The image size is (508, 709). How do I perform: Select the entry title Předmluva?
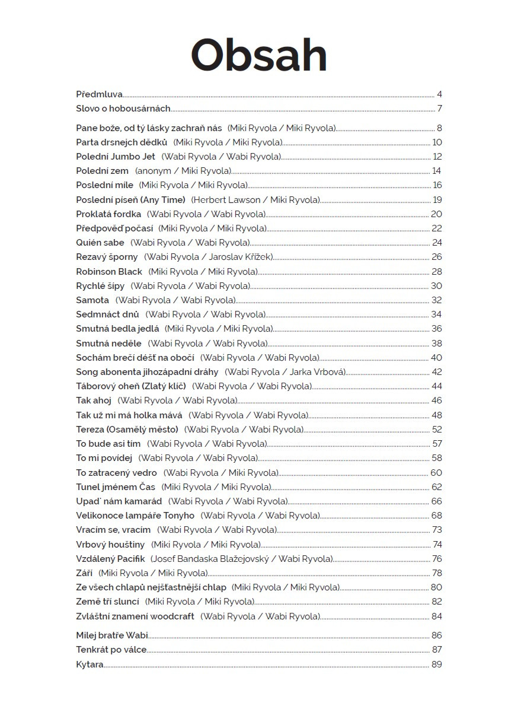[99, 94]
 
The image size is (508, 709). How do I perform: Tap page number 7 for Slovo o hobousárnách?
[440, 109]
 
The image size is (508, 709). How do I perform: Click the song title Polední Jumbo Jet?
[116, 157]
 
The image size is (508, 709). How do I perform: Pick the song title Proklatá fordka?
[108, 214]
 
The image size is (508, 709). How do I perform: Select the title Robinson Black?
[109, 272]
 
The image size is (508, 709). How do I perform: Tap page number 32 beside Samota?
[437, 300]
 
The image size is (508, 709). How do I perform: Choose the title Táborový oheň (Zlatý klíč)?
[131, 386]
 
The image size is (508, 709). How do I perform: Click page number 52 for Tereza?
[437, 430]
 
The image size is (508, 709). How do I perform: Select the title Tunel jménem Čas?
[116, 487]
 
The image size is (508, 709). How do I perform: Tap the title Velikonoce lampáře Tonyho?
[135, 516]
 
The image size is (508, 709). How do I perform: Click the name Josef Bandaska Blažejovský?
[210, 559]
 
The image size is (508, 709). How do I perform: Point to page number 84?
[437, 616]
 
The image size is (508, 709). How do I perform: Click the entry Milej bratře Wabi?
[112, 635]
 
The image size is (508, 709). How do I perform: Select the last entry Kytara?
[90, 665]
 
